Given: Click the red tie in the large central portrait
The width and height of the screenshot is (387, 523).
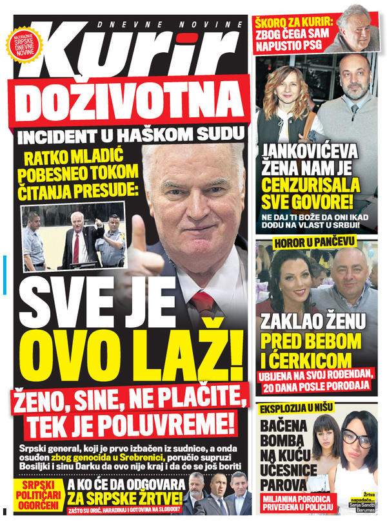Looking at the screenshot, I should coord(203,303).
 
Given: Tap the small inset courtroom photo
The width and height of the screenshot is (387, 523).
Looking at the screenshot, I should coord(73,236).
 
